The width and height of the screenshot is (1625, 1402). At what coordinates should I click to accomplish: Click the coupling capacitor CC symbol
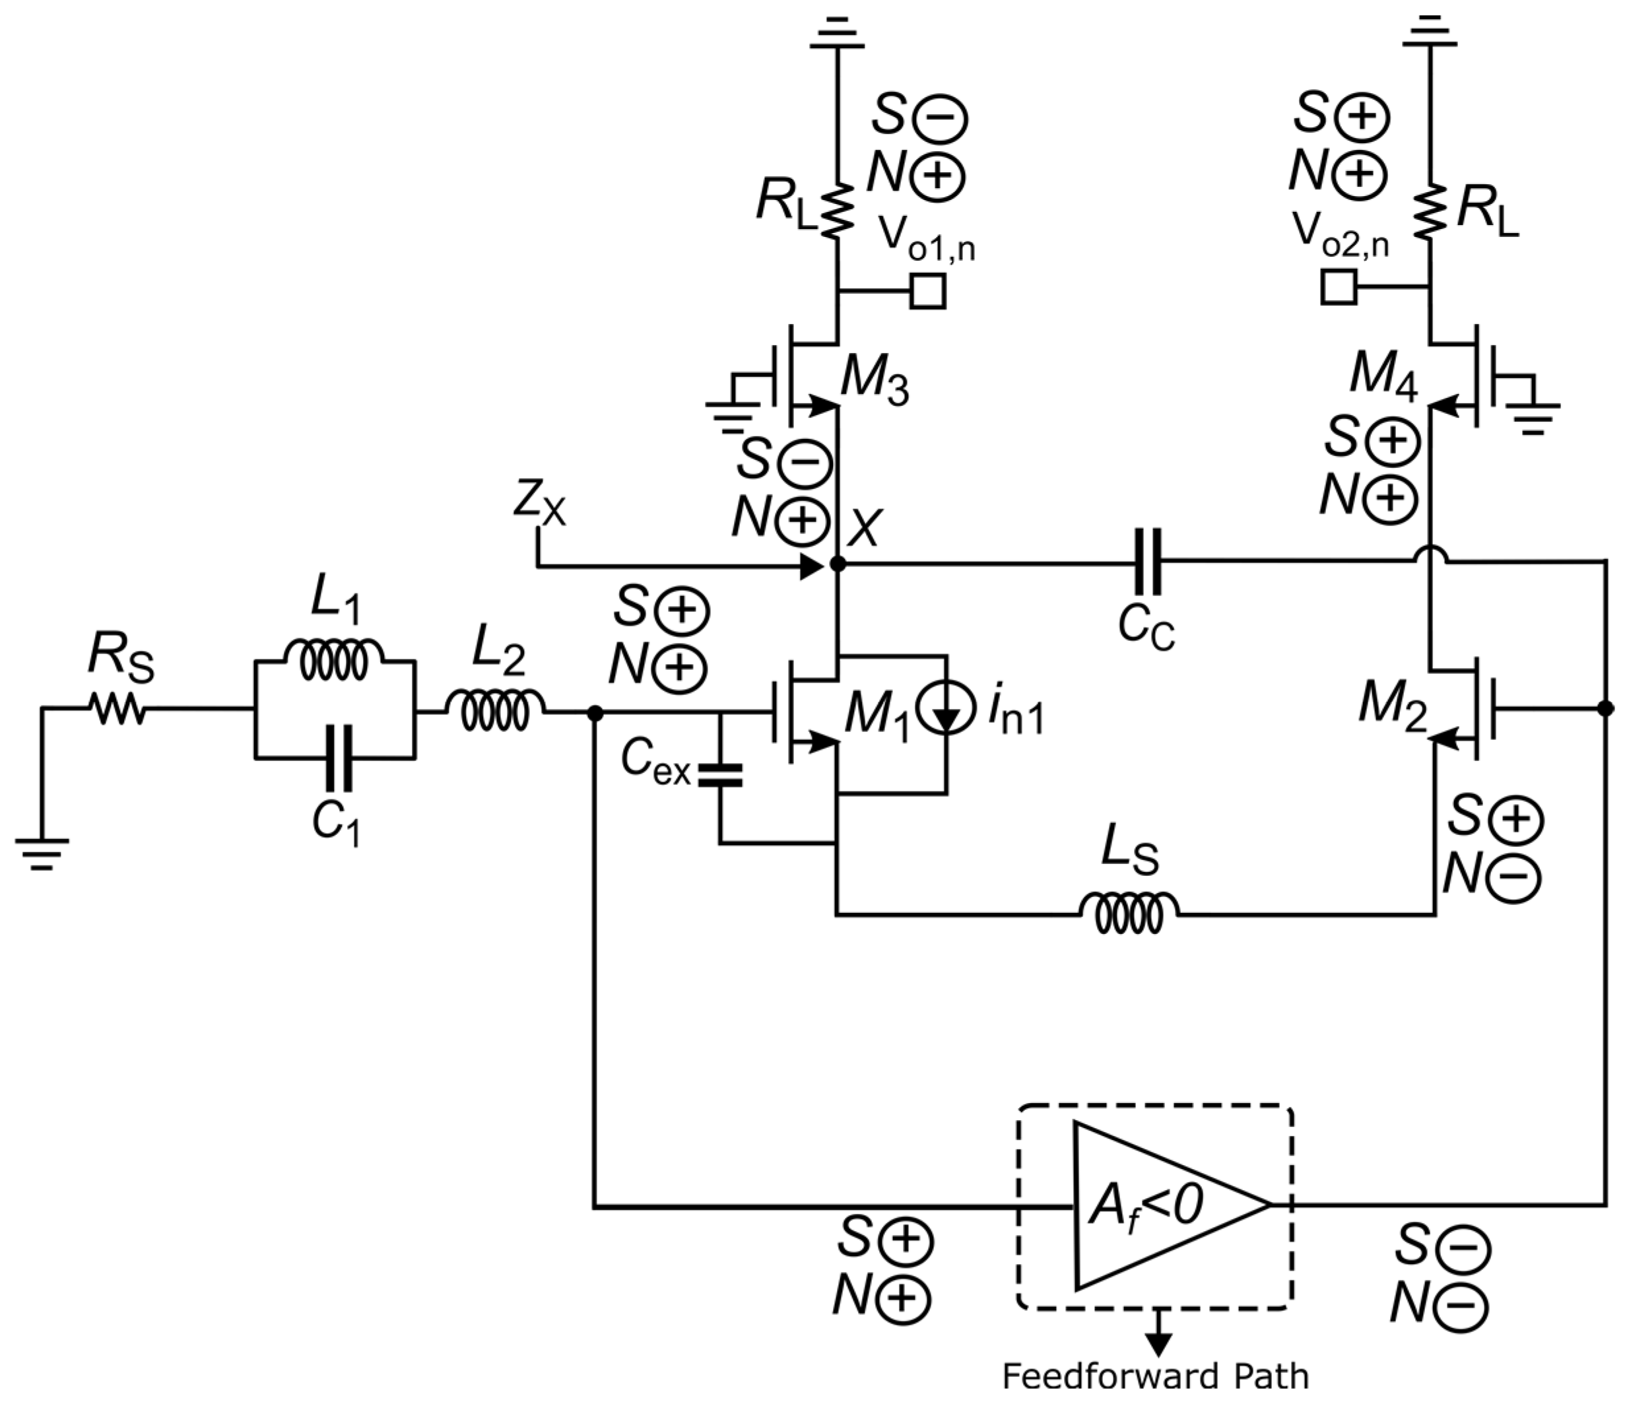1147,562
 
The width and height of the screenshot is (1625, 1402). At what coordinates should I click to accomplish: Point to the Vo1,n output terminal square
928,291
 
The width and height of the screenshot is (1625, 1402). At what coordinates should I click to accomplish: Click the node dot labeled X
838,563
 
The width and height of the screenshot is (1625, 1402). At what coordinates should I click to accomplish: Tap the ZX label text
539,505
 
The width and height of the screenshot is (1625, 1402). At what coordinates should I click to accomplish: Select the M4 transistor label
1383,376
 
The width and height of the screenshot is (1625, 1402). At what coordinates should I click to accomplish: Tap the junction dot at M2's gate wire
1605,708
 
